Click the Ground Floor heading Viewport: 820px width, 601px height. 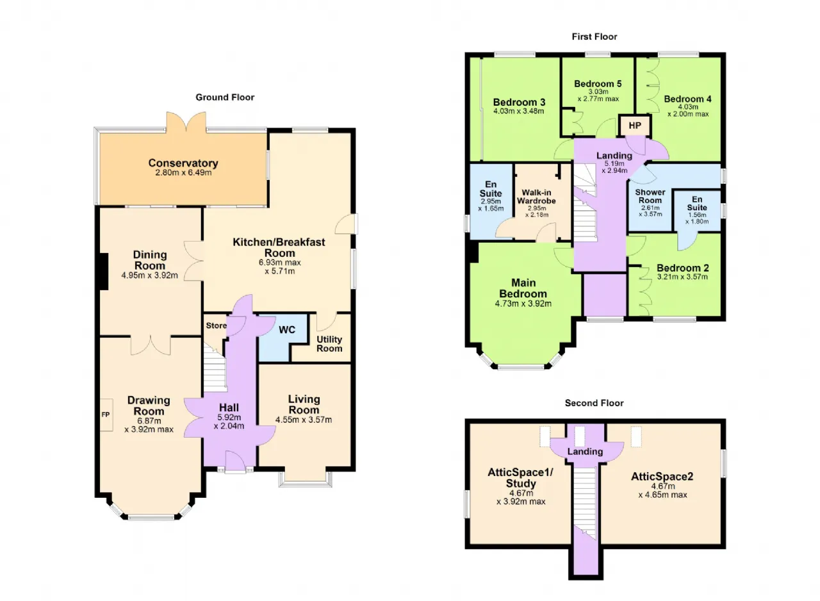[225, 97]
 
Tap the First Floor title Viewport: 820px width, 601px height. [594, 37]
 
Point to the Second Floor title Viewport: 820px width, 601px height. [594, 403]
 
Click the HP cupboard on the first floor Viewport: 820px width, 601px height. [635, 126]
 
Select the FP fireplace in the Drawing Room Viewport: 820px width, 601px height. [106, 415]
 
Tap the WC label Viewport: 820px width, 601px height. [286, 330]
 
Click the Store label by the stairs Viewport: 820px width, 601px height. [217, 325]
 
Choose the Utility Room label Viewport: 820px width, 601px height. [329, 343]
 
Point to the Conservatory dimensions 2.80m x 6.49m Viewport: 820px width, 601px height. [183, 172]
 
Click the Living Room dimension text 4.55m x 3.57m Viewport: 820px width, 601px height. [304, 420]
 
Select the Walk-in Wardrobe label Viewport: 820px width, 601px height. [536, 197]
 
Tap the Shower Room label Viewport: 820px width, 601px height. [650, 196]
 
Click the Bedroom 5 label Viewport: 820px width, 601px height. [598, 84]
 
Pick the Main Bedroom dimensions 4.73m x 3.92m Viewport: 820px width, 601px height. [523, 304]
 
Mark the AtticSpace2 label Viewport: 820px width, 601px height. [662, 476]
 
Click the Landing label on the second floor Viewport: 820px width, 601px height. [585, 451]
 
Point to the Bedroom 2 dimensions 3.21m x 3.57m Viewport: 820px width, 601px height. [682, 277]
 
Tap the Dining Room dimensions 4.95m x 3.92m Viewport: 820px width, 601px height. [150, 275]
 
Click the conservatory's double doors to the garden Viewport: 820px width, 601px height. [186, 122]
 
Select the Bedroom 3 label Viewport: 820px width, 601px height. [519, 102]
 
